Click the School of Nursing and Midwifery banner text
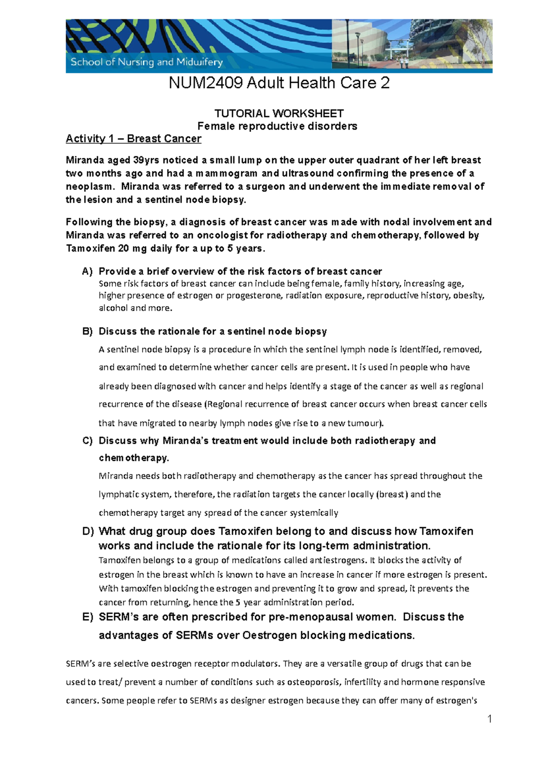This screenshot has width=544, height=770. point(146,62)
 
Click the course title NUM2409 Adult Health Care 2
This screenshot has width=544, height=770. point(279,83)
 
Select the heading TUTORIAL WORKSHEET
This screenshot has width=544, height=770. point(279,113)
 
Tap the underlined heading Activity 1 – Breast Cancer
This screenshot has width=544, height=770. point(133,139)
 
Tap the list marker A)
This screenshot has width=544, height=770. point(87,272)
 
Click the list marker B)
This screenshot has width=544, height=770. point(87,331)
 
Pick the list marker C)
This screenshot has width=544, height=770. point(87,441)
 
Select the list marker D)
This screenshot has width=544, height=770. point(87,531)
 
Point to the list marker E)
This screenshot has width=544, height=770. point(87,617)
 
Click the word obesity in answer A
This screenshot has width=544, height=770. point(471,296)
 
